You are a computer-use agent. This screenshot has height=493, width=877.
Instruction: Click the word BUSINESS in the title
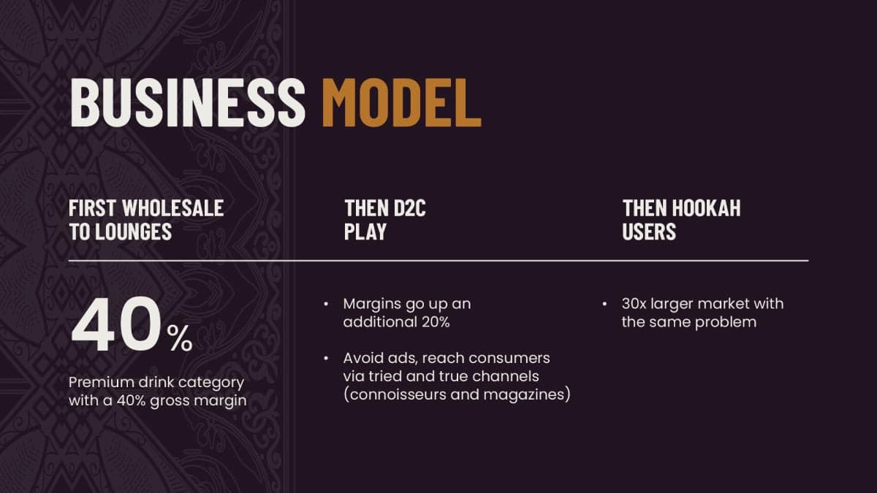pyautogui.click(x=188, y=102)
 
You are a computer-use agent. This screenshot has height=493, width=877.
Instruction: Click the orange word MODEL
pyautogui.click(x=402, y=102)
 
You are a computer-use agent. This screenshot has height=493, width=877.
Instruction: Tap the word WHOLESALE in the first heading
pyautogui.click(x=173, y=207)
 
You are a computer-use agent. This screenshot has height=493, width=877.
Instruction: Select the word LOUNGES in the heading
pyautogui.click(x=134, y=231)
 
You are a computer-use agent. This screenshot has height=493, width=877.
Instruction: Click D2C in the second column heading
pyautogui.click(x=409, y=207)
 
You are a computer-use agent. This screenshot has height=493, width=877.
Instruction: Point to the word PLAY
pyautogui.click(x=365, y=231)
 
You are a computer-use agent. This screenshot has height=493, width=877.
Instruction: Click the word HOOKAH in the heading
pyautogui.click(x=706, y=207)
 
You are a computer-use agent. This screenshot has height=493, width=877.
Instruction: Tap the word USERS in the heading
pyautogui.click(x=649, y=231)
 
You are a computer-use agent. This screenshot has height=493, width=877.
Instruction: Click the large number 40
pyautogui.click(x=116, y=325)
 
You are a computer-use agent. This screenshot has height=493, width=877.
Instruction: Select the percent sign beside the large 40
pyautogui.click(x=180, y=338)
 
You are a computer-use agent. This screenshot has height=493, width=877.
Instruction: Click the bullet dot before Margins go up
pyautogui.click(x=326, y=304)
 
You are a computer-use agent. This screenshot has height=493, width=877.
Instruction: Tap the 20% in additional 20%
pyautogui.click(x=436, y=322)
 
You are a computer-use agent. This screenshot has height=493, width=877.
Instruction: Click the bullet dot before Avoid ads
pyautogui.click(x=326, y=359)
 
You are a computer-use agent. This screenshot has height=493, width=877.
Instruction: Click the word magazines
pyautogui.click(x=524, y=395)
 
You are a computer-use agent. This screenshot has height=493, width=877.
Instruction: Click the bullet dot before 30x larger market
pyautogui.click(x=604, y=304)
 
